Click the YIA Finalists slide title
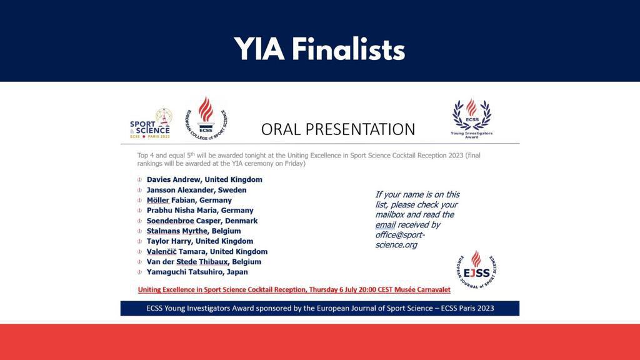coord(319,49)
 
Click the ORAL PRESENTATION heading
coord(337,129)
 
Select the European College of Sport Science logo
coord(206,117)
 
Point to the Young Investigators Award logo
coord(472,118)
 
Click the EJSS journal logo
coord(476,270)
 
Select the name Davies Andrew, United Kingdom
coord(204,179)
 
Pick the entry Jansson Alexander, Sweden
coord(196,190)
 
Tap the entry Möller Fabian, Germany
coord(189,200)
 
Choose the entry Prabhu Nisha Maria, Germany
coord(200,211)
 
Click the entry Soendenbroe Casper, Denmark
coord(202,221)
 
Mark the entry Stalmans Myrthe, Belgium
coord(193,231)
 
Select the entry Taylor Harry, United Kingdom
coord(199,241)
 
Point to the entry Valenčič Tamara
coord(207,252)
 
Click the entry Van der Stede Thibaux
coord(204,262)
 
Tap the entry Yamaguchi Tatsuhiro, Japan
coord(197,272)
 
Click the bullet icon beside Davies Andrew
coord(140,180)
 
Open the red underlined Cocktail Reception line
coord(294,290)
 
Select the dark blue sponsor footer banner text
coord(319,308)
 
